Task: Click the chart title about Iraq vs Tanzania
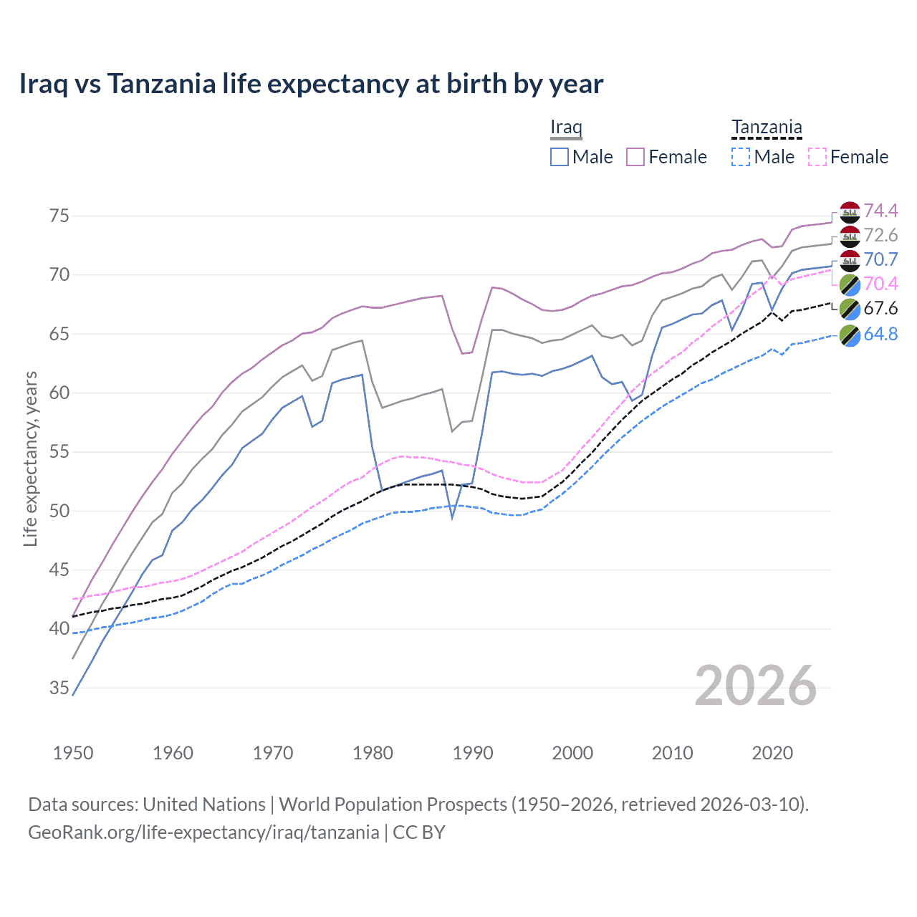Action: pos(311,84)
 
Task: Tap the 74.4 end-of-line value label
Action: pos(880,211)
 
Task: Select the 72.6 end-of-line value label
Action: pos(880,235)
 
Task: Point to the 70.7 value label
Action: pos(880,259)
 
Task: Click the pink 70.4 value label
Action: pos(880,284)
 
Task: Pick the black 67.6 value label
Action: pos(880,308)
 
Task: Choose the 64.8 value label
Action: pos(880,333)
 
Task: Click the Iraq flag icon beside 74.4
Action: pos(850,212)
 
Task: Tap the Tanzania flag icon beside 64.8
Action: pos(850,335)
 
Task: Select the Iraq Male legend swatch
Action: pos(560,157)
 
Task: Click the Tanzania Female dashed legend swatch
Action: pos(817,157)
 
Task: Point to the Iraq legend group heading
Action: pos(566,128)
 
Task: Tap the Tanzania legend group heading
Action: pos(767,128)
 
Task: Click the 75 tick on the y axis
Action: pos(59,216)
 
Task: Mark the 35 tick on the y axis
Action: pos(59,688)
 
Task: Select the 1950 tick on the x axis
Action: pos(73,753)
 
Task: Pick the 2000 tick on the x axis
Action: pos(572,753)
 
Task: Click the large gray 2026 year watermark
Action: pos(756,686)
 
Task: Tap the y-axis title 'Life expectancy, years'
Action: pos(30,458)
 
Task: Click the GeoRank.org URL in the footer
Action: pos(203,832)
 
